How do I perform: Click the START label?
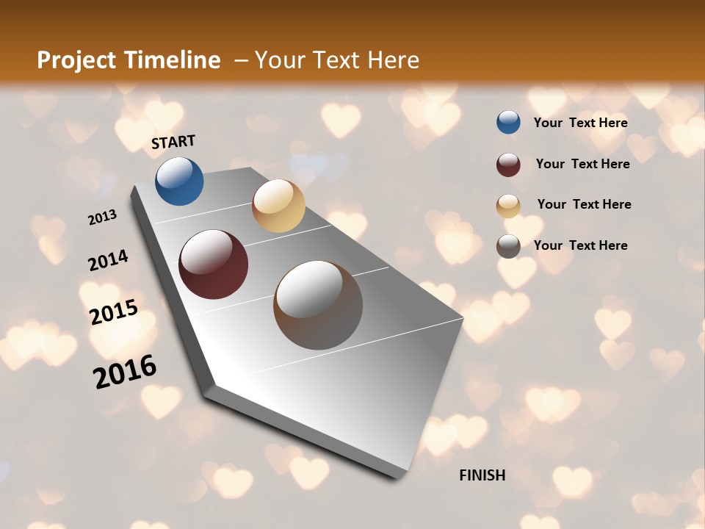tap(173, 142)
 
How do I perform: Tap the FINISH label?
tap(482, 475)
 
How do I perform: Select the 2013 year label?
tap(103, 217)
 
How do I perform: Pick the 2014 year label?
tap(108, 261)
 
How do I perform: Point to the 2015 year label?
tap(114, 312)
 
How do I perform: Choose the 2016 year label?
tap(125, 371)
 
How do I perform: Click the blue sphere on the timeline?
tap(179, 181)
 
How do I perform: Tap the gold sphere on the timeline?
tap(278, 206)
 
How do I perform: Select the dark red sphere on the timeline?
tap(214, 264)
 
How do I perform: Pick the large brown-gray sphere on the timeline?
tap(318, 305)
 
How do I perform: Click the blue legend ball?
tap(508, 123)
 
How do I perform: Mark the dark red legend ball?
tap(508, 165)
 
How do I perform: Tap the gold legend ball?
tap(508, 206)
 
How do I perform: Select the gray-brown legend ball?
tap(508, 246)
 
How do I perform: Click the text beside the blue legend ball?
tap(580, 123)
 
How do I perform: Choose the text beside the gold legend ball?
tap(584, 204)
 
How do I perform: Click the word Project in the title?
tap(77, 60)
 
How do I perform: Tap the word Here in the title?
tap(393, 60)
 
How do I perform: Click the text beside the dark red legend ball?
tap(582, 164)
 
